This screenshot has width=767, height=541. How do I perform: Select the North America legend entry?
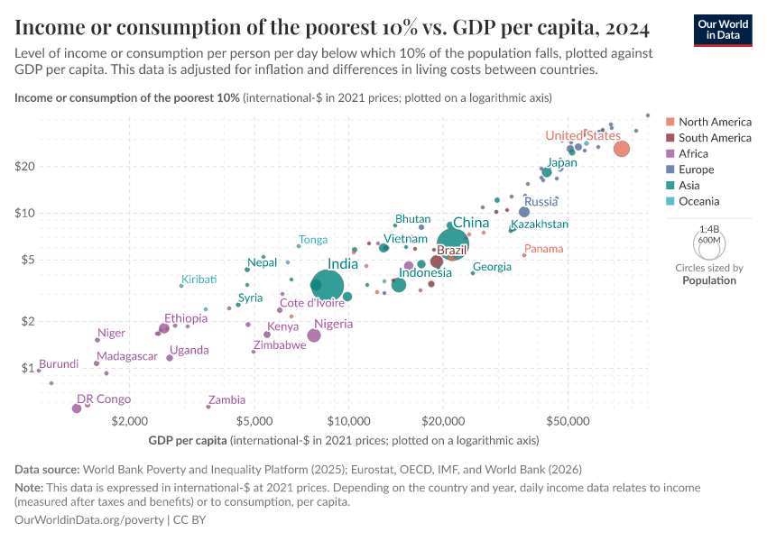[715, 122]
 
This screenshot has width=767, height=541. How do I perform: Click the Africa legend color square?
[670, 154]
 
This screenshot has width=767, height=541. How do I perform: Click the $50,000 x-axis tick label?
[568, 422]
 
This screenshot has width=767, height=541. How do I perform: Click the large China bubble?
[452, 244]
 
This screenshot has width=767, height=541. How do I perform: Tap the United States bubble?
[621, 149]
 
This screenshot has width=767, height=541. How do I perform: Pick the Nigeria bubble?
[314, 335]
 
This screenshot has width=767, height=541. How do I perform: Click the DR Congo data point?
[77, 408]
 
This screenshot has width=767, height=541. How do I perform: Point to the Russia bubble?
[524, 212]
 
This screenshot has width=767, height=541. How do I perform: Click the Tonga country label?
[313, 240]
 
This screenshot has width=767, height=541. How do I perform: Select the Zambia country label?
[226, 399]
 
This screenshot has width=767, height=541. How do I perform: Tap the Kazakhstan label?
[540, 224]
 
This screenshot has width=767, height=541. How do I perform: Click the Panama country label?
[543, 249]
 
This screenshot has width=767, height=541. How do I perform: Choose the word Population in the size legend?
[708, 280]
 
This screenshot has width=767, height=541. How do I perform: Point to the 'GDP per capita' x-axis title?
[188, 441]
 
